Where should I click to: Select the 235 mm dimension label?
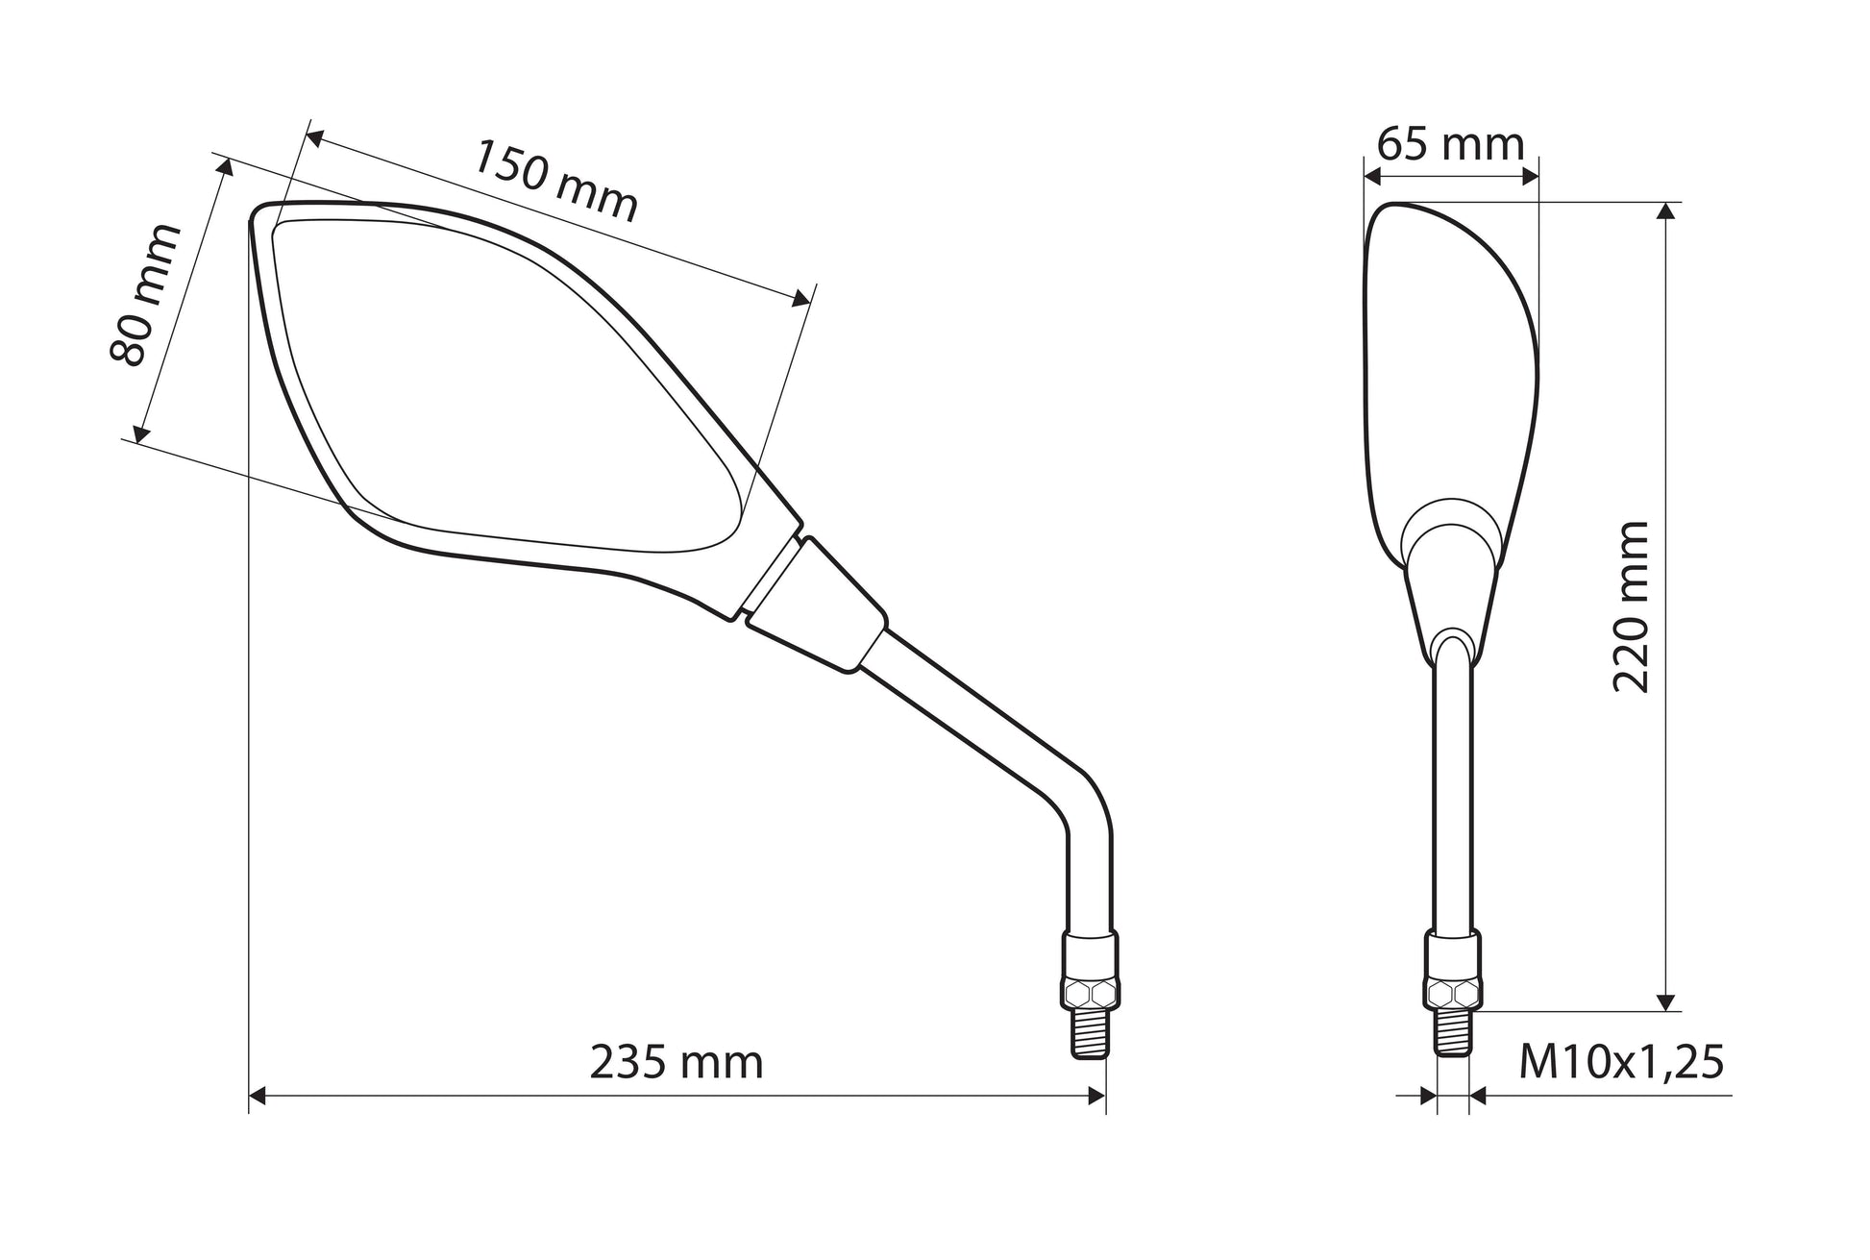click(677, 1063)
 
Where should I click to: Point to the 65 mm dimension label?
click(1450, 145)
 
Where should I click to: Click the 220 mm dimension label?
click(1631, 607)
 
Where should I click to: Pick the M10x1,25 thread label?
click(1622, 1063)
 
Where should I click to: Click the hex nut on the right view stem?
click(1453, 992)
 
